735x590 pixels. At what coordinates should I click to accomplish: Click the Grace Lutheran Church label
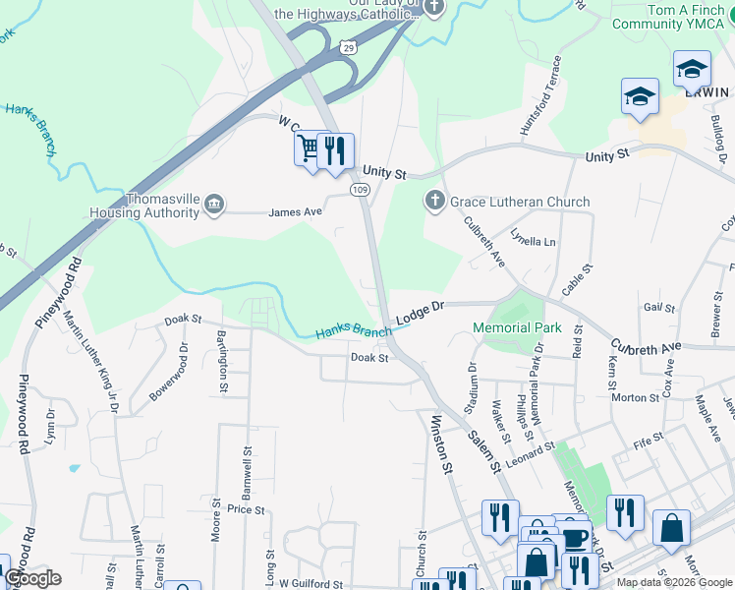(x=520, y=203)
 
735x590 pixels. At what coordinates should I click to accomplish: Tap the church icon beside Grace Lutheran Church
(x=435, y=203)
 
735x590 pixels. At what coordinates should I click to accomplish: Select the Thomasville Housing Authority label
(x=137, y=205)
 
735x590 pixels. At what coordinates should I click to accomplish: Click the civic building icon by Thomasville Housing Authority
(x=214, y=205)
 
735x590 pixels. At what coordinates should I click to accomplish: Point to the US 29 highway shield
(x=347, y=46)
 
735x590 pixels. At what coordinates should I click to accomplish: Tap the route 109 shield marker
(x=361, y=188)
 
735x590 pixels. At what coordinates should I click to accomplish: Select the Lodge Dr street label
(x=421, y=313)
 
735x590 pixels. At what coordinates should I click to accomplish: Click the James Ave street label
(x=296, y=211)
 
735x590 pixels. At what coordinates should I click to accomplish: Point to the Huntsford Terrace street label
(x=541, y=96)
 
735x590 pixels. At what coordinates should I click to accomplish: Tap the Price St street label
(x=246, y=510)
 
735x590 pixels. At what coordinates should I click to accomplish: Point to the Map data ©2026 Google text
(x=673, y=582)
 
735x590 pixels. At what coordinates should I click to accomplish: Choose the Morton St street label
(x=635, y=397)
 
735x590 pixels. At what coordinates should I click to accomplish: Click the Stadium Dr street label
(x=472, y=386)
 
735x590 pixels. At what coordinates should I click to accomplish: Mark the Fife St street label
(x=650, y=444)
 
